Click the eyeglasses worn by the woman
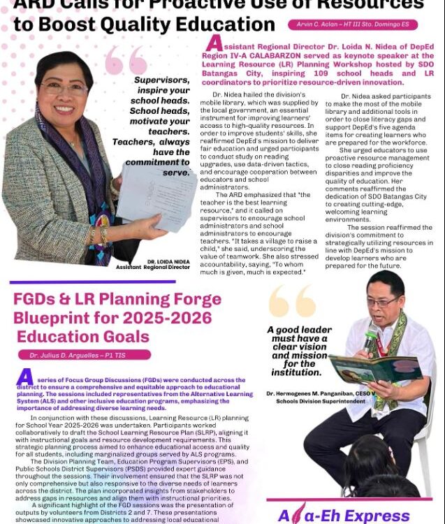(x=64, y=88)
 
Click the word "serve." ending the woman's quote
(x=175, y=172)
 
